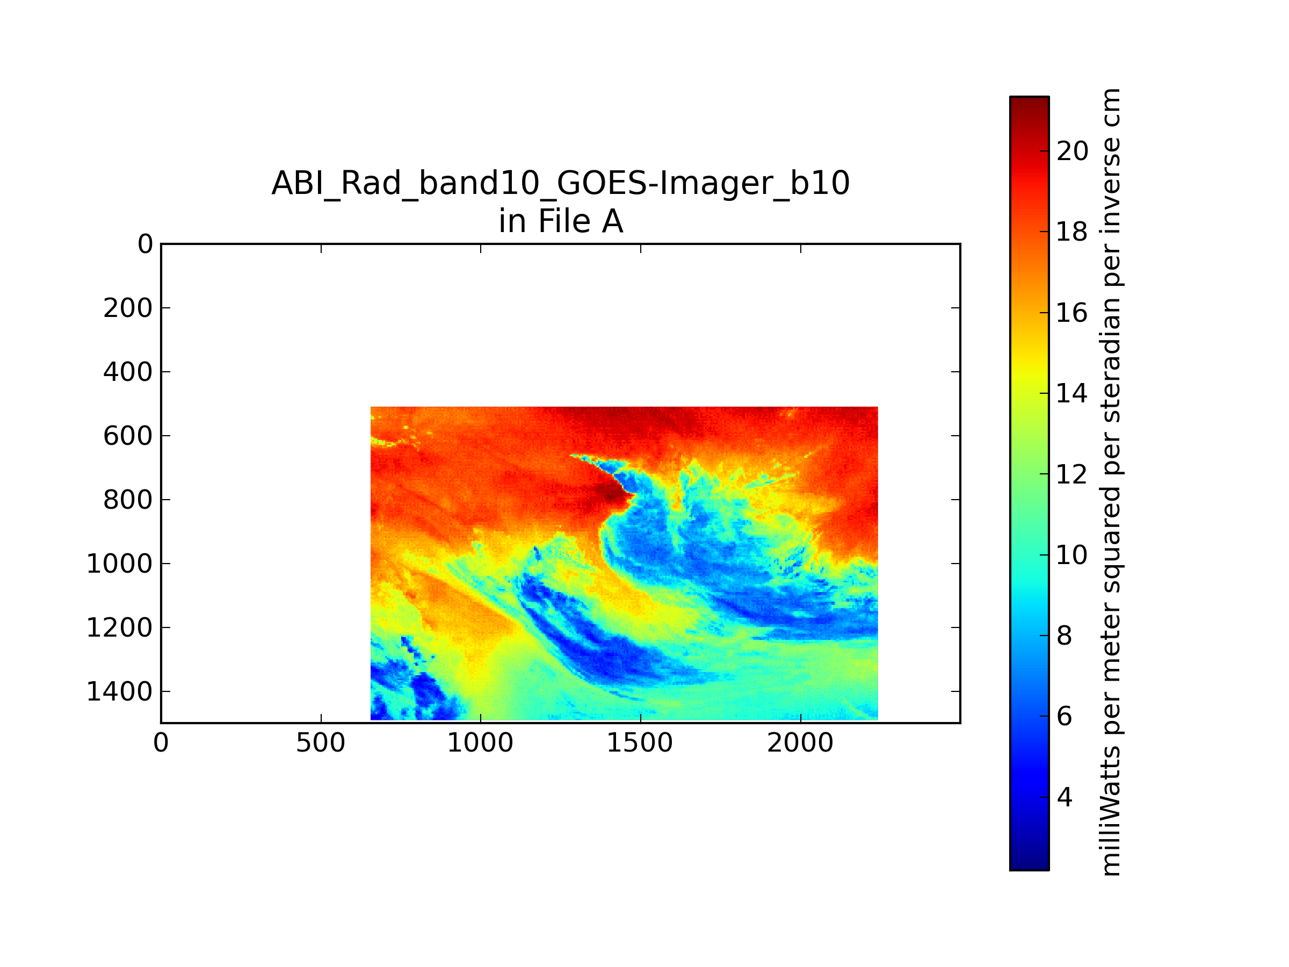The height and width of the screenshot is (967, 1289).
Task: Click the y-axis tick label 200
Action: click(x=128, y=308)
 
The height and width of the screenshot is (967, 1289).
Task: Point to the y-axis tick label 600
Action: click(x=128, y=435)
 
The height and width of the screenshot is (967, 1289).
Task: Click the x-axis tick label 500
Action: click(x=321, y=743)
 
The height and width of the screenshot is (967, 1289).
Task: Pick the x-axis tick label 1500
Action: click(x=640, y=743)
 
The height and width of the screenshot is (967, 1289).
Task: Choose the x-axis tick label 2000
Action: click(x=800, y=743)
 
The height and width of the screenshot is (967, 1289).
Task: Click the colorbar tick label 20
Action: click(x=1072, y=151)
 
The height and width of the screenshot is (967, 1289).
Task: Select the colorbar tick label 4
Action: click(x=1064, y=797)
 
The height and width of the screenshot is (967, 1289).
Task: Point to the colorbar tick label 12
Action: click(x=1072, y=474)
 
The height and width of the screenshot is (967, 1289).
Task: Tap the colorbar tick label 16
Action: click(x=1072, y=313)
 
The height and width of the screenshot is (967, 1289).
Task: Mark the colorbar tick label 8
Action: click(x=1064, y=636)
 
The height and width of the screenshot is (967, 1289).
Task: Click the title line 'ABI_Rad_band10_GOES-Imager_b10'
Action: click(x=561, y=183)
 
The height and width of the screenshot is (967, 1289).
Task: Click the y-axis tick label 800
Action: click(x=128, y=500)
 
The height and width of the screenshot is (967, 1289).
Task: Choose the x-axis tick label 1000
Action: click(x=480, y=743)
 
